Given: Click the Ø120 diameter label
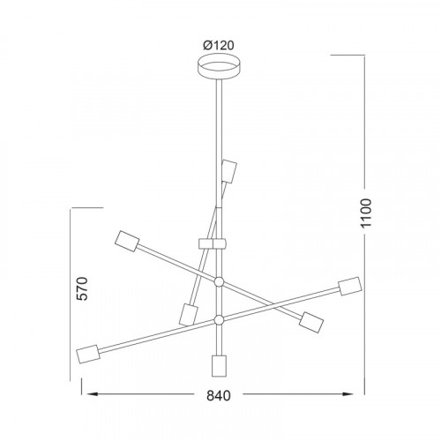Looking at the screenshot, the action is [219, 45].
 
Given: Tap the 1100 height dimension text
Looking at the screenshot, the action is [366, 213].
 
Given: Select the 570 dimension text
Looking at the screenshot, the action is [82, 288].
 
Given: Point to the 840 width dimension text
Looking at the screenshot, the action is [219, 396].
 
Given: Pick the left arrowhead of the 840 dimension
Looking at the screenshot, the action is [90, 394].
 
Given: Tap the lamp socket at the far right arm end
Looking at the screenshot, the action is [350, 286].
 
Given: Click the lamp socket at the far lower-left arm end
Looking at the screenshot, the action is [88, 354].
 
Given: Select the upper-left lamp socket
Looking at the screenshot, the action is [127, 242].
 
